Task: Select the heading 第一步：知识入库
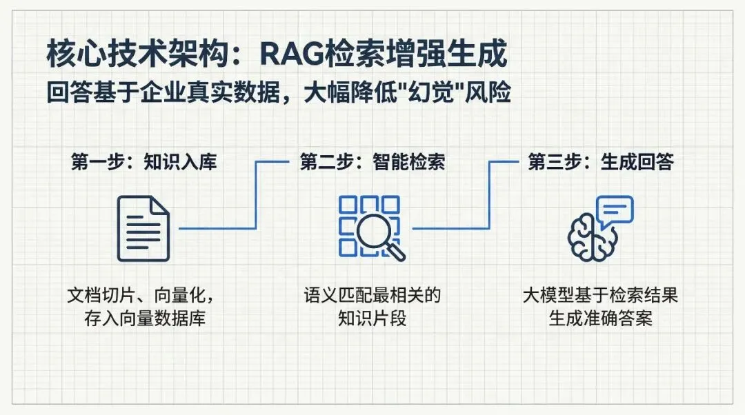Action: point(143,163)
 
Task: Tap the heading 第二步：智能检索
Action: point(372,163)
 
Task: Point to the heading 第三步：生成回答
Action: point(600,163)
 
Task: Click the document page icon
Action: point(143,228)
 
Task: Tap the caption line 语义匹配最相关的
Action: point(372,296)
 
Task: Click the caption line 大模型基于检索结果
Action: point(600,296)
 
